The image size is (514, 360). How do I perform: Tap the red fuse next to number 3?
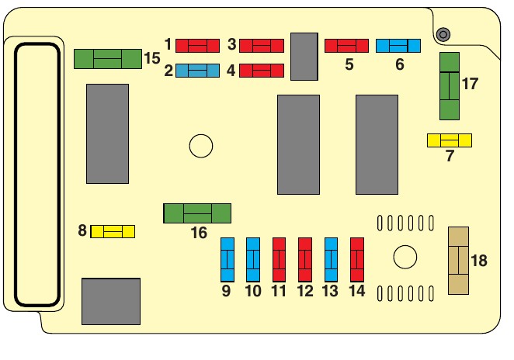262,46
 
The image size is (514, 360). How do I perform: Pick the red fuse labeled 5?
346,46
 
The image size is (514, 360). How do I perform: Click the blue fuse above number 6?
398,46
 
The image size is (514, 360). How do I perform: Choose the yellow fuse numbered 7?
450,140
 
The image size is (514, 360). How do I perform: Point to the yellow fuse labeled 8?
113,231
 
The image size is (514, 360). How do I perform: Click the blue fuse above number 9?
227,260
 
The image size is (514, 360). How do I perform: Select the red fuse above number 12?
305,260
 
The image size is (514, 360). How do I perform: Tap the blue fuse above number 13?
332,260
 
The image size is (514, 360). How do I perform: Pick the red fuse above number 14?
357,260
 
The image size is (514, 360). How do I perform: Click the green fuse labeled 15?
108,59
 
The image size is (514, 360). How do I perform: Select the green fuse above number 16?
197,213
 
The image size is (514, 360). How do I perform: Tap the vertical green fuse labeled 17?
450,86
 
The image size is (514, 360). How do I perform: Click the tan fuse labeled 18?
459,261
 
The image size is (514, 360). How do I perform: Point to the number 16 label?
199,233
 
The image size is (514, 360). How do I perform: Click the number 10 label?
253,292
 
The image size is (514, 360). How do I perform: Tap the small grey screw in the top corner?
443,35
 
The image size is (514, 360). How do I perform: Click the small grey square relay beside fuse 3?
305,57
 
